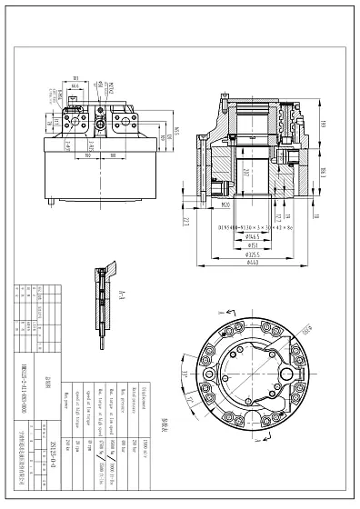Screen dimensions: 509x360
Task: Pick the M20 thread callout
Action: coord(225,205)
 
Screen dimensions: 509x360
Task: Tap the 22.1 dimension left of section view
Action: coord(186,221)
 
